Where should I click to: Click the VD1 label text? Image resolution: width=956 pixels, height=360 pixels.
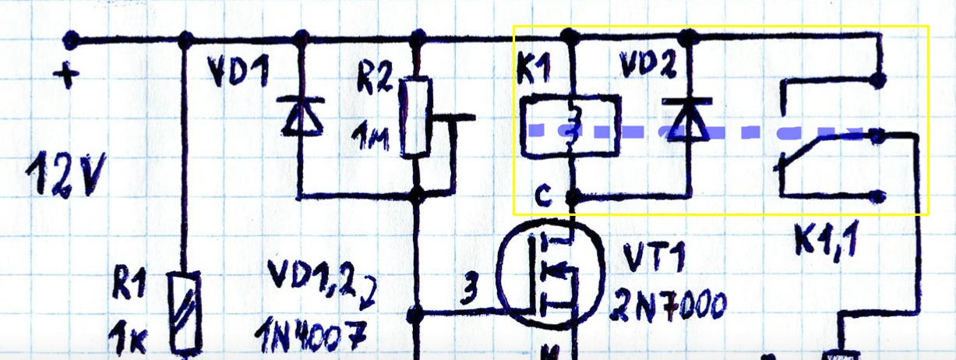[x=238, y=73]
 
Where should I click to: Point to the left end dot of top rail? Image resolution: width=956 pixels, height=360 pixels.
[x=71, y=38]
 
